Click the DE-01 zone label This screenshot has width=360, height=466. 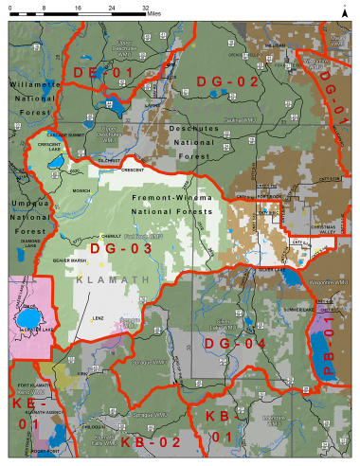pos(99,72)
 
